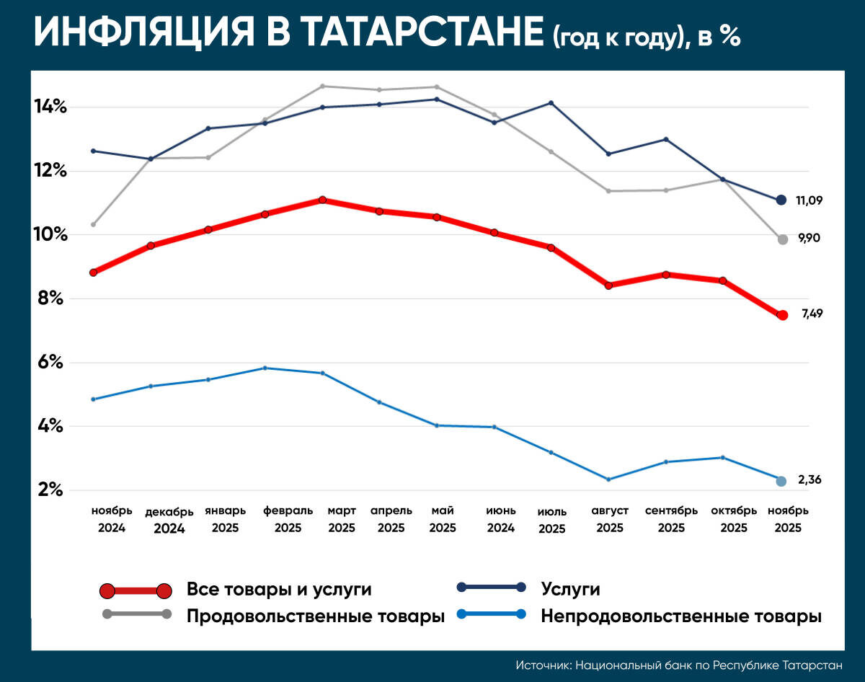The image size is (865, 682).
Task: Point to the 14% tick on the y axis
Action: coord(51,107)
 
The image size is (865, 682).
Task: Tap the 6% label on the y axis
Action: coord(51,363)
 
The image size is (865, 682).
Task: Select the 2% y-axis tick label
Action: coord(51,490)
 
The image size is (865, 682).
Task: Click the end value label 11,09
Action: coord(809,200)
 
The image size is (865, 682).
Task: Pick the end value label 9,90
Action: coord(809,238)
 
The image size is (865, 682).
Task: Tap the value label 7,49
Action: coord(812,314)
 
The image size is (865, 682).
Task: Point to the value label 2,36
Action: coord(809,479)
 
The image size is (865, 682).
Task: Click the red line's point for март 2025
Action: coord(322,200)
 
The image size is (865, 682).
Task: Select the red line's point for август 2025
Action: coord(608,285)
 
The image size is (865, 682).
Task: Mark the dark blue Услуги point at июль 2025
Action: coord(551,103)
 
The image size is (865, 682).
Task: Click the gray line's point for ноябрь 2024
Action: coord(93,224)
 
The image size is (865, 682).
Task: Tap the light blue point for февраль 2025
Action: coord(265,368)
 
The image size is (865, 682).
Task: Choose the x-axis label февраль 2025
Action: coord(288,519)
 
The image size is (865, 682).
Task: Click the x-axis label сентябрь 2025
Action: coord(671,519)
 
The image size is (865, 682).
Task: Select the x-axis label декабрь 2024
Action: coord(169,520)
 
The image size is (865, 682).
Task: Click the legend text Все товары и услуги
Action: coord(279,590)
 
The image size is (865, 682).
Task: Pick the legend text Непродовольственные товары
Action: coord(681,616)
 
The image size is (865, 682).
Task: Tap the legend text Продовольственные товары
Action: coord(316,616)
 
